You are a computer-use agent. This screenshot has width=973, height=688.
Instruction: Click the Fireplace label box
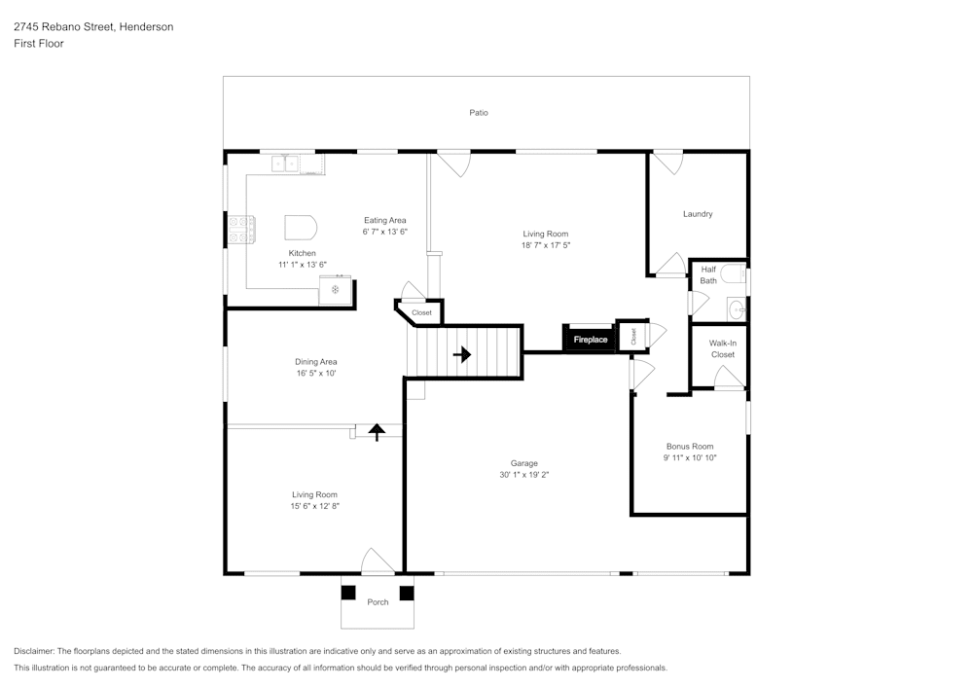[x=591, y=339]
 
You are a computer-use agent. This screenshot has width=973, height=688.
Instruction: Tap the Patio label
[x=479, y=113]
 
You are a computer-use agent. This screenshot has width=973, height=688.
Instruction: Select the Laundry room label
[x=698, y=214]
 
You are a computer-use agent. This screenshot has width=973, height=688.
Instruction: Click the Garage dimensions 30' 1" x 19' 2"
[x=524, y=475]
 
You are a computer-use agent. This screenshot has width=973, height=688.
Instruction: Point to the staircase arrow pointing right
[x=461, y=355]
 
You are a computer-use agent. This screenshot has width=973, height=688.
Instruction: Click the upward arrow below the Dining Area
[x=377, y=431]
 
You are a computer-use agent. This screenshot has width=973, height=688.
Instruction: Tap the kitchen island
[x=301, y=228]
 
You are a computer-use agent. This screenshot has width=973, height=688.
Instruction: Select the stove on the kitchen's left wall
[x=241, y=229]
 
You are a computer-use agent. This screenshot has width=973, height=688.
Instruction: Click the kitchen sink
[x=285, y=163]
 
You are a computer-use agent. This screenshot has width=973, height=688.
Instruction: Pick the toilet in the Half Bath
[x=734, y=273]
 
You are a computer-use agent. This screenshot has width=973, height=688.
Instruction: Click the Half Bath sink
[x=738, y=308]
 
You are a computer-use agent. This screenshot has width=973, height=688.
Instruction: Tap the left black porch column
[x=348, y=593]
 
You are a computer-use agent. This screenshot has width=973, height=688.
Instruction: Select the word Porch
[x=378, y=602]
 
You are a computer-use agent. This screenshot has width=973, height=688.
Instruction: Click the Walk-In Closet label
[x=723, y=348]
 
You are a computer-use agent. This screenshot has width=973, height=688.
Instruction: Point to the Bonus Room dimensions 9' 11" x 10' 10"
[x=690, y=457]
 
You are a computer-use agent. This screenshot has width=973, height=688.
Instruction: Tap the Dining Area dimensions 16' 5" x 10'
[x=316, y=374]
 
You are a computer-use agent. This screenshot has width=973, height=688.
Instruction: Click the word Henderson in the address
[x=147, y=26]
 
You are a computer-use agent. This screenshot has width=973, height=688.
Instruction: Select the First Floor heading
[x=39, y=44]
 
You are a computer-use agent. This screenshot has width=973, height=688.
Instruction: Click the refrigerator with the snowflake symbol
[x=335, y=290]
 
